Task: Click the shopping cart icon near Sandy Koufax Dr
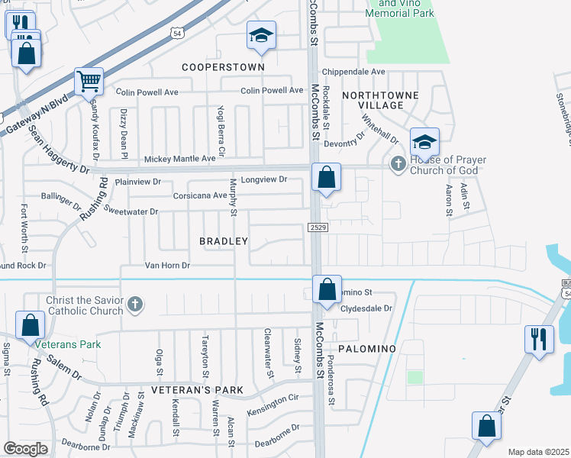pos(89,80)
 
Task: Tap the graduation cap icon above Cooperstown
pos(261,35)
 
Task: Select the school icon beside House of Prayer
pos(424,142)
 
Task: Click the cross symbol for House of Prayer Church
pos(398,163)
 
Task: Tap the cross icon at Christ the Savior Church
pos(134,305)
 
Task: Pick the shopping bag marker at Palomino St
pos(327,290)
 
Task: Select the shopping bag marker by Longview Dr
pos(326,178)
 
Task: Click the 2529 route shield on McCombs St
pos(318,227)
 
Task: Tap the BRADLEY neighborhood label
pos(224,241)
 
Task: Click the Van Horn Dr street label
pos(167,266)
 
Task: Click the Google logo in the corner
pos(25,449)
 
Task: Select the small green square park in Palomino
pos(415,377)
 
